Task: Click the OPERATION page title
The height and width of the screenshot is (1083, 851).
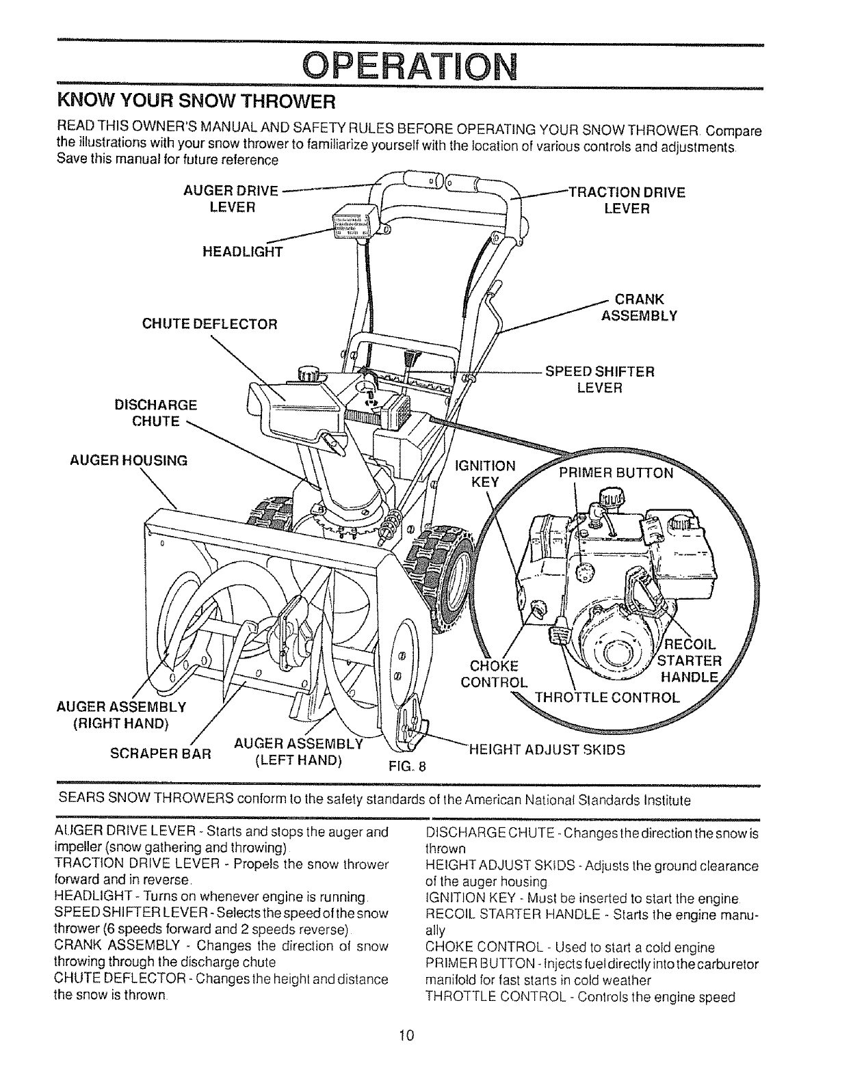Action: tap(408, 66)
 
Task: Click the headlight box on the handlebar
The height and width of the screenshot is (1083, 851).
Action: tap(354, 222)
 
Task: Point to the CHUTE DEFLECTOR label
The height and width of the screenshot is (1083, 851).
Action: tap(209, 323)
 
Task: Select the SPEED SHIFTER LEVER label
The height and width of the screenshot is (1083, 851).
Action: tap(599, 379)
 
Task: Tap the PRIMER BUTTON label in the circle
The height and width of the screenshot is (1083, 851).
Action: tap(616, 473)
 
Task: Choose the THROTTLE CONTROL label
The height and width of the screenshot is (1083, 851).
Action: tap(607, 697)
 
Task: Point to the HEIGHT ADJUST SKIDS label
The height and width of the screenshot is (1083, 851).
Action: tap(547, 749)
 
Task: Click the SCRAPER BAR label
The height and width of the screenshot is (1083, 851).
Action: tap(161, 755)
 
